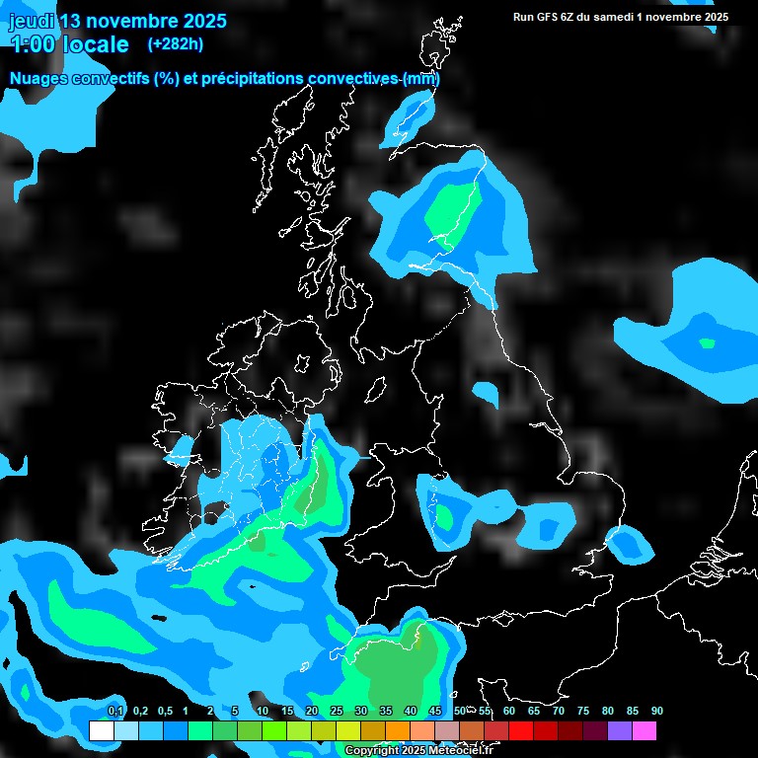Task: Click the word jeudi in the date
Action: pos(32,21)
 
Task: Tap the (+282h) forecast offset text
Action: pos(175,43)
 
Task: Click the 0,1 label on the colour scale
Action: pos(115,712)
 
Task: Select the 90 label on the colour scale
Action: pos(657,712)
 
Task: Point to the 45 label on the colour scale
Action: pos(435,712)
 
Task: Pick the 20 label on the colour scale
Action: pos(312,712)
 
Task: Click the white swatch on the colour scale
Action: pos(101,730)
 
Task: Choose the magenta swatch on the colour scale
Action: pos(644,730)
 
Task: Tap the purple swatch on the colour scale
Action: pos(620,730)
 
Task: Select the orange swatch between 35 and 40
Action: pos(398,730)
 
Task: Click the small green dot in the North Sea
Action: pos(707,343)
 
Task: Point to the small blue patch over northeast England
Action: pos(485,394)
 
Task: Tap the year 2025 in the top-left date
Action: pos(203,21)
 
